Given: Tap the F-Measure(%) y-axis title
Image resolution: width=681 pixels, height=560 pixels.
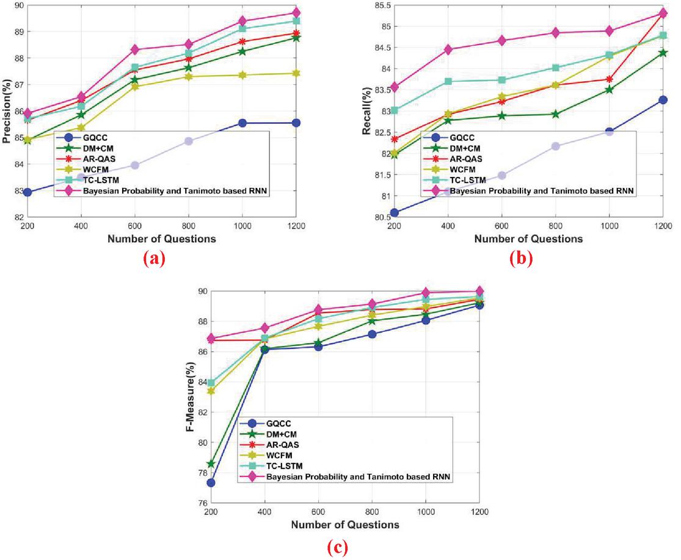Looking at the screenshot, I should (x=191, y=397).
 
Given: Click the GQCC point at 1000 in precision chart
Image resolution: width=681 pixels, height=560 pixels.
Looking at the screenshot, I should (x=242, y=123).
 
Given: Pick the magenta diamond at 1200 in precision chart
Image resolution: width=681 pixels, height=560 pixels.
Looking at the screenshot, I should (x=296, y=13).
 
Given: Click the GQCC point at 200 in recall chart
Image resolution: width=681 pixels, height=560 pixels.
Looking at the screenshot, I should (x=395, y=212).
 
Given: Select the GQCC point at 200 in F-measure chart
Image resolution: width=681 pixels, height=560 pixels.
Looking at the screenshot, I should (x=211, y=483).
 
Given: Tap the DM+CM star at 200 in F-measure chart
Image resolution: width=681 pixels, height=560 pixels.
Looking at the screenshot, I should (x=211, y=464).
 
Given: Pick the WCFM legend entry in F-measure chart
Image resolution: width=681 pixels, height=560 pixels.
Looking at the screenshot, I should (x=276, y=455).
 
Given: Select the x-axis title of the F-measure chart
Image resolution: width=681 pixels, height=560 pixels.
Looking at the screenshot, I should (x=345, y=524).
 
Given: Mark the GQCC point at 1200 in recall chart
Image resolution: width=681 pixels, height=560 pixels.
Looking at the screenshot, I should (x=663, y=100).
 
